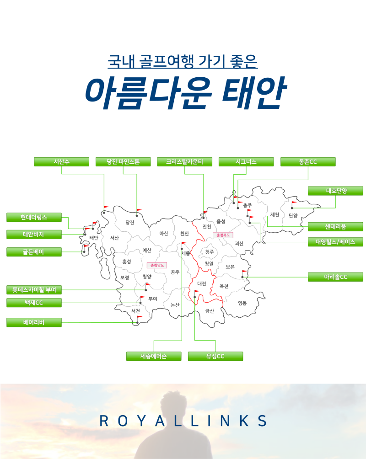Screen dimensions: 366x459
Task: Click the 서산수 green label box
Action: (x=62, y=162)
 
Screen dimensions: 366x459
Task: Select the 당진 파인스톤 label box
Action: (x=123, y=162)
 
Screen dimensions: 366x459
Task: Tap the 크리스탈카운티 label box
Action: (x=185, y=162)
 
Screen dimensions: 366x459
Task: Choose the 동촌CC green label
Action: (x=308, y=162)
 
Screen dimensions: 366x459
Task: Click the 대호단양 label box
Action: (x=335, y=191)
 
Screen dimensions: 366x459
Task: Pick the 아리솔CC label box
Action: (x=335, y=277)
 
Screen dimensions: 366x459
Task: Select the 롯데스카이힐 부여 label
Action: (x=34, y=290)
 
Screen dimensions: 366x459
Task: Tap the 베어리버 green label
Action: (x=34, y=322)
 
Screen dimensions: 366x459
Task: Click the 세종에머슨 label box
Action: (x=154, y=356)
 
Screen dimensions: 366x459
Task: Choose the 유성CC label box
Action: (x=215, y=356)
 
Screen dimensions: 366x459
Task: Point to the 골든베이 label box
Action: (x=34, y=252)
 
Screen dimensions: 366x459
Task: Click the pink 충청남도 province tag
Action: (x=157, y=265)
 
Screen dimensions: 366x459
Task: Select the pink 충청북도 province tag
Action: (x=223, y=235)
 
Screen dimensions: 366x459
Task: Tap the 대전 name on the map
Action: (x=202, y=283)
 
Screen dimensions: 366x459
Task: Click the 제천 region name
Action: (x=274, y=214)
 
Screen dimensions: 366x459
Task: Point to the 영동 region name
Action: (x=242, y=303)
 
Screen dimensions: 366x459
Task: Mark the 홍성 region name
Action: (x=127, y=262)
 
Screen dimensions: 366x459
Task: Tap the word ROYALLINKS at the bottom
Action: (x=183, y=421)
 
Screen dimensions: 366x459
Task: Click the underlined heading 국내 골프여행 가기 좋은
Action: (x=183, y=61)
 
